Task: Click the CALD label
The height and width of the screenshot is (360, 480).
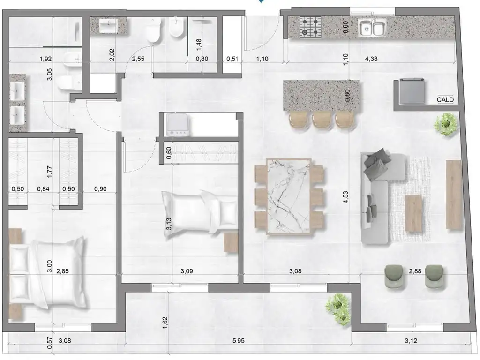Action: (x=445, y=100)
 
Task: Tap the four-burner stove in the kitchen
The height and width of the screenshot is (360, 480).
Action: (x=310, y=27)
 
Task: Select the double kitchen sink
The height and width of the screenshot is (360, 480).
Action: (x=372, y=28)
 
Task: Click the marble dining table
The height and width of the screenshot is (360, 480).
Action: (x=289, y=197)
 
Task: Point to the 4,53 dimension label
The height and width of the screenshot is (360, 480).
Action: (x=345, y=197)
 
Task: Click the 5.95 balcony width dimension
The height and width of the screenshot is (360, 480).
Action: (x=239, y=341)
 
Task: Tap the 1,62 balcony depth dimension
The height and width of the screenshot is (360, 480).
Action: (x=165, y=323)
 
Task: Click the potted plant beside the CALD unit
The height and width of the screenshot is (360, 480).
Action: (x=446, y=124)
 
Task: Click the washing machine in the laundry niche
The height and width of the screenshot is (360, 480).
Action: (x=178, y=125)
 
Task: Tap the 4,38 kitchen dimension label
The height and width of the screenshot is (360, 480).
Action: (x=371, y=59)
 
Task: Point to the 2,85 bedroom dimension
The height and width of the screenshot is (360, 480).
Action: (x=62, y=271)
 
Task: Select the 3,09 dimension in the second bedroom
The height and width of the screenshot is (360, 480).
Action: (x=187, y=271)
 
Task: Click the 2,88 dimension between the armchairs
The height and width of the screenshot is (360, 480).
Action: (x=415, y=271)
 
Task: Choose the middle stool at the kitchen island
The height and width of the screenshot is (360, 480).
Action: (x=322, y=119)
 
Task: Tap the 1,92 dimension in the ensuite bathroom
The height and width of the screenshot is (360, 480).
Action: (x=45, y=59)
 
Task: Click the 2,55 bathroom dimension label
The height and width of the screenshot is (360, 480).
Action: (x=138, y=59)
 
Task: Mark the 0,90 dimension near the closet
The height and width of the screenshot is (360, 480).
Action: (x=100, y=189)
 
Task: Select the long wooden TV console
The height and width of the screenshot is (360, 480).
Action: (x=454, y=195)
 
